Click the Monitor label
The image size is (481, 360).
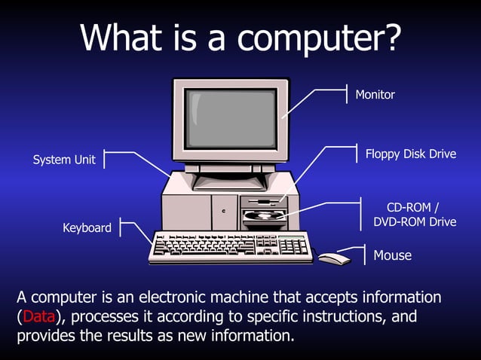click(375, 95)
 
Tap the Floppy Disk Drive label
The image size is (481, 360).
click(411, 154)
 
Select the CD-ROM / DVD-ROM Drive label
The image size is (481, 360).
click(415, 215)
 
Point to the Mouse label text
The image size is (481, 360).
click(393, 255)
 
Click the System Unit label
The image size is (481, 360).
click(64, 160)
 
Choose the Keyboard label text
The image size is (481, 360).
click(87, 227)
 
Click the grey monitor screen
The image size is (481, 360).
click(231, 118)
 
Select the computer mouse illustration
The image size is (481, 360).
click(335, 258)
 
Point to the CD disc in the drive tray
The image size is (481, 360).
click(265, 215)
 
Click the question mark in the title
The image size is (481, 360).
click(391, 38)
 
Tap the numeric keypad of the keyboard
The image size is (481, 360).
click(294, 245)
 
